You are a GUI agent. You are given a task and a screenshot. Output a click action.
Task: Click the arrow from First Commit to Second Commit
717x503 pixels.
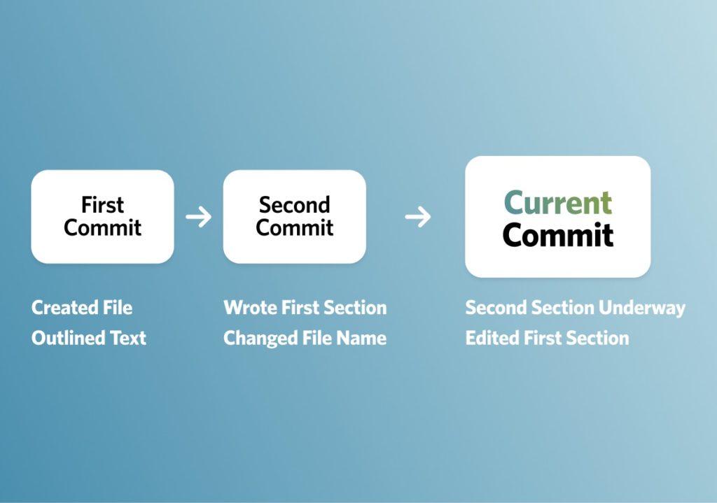click(198, 217)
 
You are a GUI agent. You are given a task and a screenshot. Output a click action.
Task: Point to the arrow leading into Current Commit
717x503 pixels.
click(418, 218)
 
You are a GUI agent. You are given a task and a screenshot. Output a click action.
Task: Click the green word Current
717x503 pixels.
click(558, 203)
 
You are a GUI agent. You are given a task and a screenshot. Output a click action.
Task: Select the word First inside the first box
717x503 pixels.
click(102, 205)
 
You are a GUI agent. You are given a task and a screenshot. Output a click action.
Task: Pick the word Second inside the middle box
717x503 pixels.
click(294, 205)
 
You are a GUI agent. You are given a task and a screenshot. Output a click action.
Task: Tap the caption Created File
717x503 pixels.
click(82, 308)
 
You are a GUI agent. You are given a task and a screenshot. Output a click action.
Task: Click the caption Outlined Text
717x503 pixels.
click(89, 338)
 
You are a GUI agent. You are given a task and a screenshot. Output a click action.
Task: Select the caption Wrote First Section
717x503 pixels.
click(305, 308)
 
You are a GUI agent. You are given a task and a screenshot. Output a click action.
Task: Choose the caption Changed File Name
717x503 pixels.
click(305, 338)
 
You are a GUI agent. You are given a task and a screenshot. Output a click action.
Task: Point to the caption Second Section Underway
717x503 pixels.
click(575, 308)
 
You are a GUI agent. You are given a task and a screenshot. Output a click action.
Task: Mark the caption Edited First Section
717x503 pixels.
click(547, 338)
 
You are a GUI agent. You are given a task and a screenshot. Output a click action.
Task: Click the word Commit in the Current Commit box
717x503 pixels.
click(558, 235)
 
